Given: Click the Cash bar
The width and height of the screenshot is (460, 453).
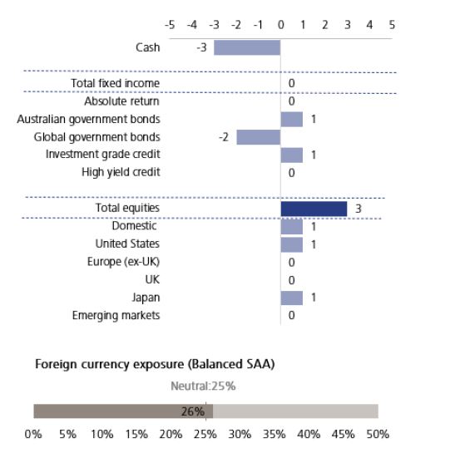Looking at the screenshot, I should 247,47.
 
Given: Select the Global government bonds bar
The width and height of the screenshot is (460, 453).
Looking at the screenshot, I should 258,137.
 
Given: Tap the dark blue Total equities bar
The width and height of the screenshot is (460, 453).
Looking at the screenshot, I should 314,208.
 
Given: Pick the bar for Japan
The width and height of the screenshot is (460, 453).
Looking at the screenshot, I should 291,298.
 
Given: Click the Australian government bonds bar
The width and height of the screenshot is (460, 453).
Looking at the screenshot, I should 291,119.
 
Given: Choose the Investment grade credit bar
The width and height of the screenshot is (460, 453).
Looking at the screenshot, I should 291,155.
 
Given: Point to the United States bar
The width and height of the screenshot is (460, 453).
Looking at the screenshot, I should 291,244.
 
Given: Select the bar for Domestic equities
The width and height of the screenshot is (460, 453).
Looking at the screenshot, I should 291,226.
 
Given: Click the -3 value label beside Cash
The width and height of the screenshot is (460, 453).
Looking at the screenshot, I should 201,47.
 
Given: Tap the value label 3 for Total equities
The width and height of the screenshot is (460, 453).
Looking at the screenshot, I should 358,208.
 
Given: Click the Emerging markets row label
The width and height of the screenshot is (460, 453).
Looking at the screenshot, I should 116,315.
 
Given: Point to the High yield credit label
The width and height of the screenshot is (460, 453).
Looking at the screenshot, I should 121,172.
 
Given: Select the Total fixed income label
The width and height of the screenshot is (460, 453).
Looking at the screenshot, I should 116,83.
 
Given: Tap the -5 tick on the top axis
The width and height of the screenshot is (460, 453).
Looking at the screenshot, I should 170,24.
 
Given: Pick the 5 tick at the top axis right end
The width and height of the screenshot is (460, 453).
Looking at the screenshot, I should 392,24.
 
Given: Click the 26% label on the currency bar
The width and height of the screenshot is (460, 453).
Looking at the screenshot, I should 193,411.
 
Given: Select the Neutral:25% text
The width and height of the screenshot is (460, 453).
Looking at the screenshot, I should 203,387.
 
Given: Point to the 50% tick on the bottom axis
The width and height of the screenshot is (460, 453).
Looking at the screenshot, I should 378,434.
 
